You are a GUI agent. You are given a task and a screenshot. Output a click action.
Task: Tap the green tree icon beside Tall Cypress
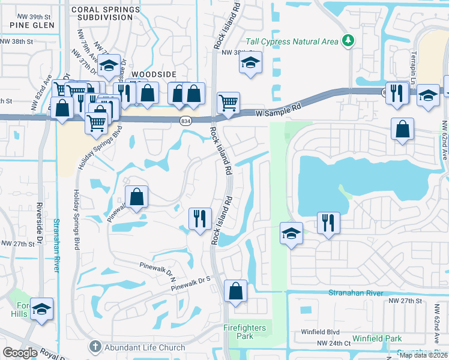348,41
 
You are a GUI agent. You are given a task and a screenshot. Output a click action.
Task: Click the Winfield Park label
378,338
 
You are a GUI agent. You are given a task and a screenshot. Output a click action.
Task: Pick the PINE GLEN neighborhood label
32,25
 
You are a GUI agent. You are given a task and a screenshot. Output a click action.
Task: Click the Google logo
20,353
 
